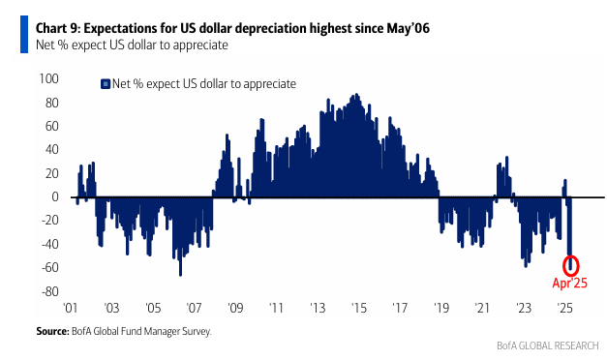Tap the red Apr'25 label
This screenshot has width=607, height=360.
[570, 283]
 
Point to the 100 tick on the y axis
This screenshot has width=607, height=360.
[48, 78]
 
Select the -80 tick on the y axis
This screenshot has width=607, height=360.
[50, 291]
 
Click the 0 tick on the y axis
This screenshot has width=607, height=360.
[55, 196]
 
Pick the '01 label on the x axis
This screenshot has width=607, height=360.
[70, 308]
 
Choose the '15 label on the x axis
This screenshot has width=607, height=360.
[359, 308]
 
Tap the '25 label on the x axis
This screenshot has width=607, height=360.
[564, 308]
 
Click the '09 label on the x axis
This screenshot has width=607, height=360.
[235, 308]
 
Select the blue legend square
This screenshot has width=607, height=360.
[106, 84]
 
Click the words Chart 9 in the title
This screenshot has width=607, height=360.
[57, 28]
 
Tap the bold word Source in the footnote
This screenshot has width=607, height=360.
[52, 331]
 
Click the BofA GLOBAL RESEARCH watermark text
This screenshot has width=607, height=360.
[547, 345]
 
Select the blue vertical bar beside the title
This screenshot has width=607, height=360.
[24, 34]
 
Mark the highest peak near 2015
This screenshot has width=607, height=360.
[356, 95]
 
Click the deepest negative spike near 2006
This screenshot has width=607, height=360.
[180, 275]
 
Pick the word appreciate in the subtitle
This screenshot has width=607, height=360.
[200, 45]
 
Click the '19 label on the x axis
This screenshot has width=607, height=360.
[441, 308]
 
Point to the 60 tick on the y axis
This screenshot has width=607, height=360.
[52, 126]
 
